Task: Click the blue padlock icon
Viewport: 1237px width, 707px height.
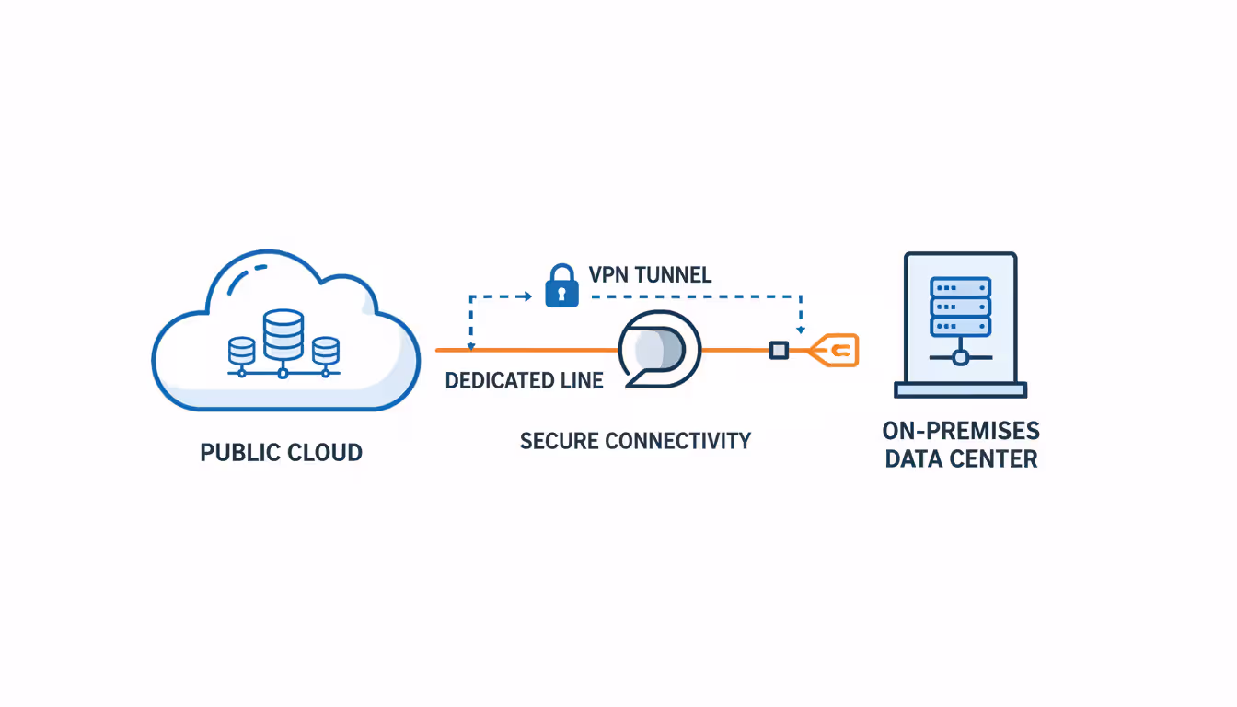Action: [x=561, y=286]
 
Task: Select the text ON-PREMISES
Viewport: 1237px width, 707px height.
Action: [x=961, y=431]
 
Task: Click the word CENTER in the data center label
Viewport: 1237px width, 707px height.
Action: [x=998, y=459]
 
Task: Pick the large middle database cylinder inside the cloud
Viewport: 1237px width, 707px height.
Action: [x=283, y=334]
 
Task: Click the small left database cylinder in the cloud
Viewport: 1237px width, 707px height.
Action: [x=241, y=351]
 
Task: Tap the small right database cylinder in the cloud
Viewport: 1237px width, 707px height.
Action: [x=325, y=351]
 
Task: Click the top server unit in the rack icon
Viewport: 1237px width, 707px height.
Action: [x=961, y=286]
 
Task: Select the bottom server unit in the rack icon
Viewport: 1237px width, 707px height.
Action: [x=961, y=326]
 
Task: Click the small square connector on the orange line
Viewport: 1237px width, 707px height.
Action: [x=779, y=350]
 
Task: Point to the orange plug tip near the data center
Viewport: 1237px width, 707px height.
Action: [x=837, y=350]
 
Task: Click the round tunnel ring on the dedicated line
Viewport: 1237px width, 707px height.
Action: [x=659, y=349]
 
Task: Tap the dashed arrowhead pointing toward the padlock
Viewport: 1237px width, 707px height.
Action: [x=527, y=296]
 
